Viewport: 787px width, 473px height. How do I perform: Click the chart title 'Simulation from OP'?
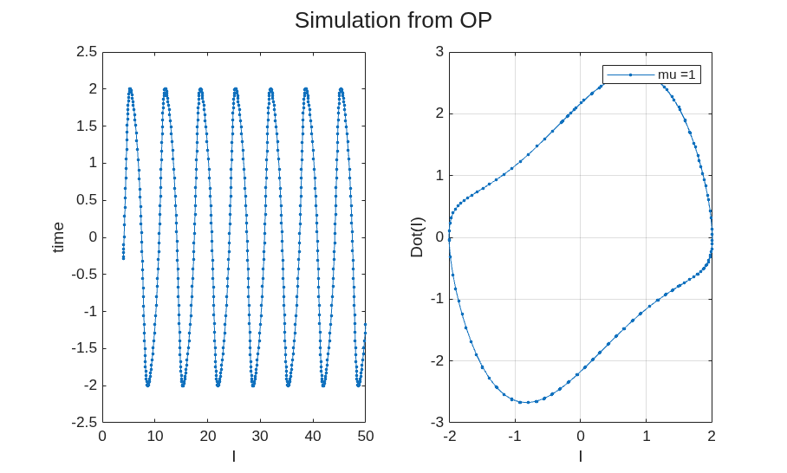pyautogui.click(x=393, y=21)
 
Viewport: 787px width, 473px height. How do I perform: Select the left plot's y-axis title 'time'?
pyautogui.click(x=59, y=237)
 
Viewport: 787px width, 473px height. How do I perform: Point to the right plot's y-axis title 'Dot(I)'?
pyautogui.click(x=417, y=237)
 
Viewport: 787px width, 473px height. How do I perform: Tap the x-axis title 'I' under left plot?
pyautogui.click(x=234, y=456)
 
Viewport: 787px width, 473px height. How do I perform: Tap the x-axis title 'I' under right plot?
pyautogui.click(x=581, y=456)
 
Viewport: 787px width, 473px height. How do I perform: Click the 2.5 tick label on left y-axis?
pyautogui.click(x=87, y=52)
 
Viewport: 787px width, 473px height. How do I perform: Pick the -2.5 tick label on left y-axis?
pyautogui.click(x=84, y=423)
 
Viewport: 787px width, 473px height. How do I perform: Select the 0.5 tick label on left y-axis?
pyautogui.click(x=87, y=200)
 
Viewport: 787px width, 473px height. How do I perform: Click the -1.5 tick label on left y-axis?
pyautogui.click(x=84, y=348)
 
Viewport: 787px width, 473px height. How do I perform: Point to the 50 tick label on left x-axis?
pyautogui.click(x=366, y=437)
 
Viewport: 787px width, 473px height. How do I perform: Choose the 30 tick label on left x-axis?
pyautogui.click(x=260, y=437)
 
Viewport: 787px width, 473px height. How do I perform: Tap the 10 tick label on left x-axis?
pyautogui.click(x=155, y=437)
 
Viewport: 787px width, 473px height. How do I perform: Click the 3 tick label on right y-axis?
pyautogui.click(x=439, y=52)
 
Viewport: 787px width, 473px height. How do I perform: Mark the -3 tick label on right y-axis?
pyautogui.click(x=437, y=423)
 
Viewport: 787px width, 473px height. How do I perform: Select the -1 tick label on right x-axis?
pyautogui.click(x=515, y=437)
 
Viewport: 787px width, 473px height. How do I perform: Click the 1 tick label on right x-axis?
pyautogui.click(x=646, y=437)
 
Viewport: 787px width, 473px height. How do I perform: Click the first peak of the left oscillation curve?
pyautogui.click(x=130, y=89)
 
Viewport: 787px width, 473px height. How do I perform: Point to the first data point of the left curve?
pyautogui.click(x=123, y=258)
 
